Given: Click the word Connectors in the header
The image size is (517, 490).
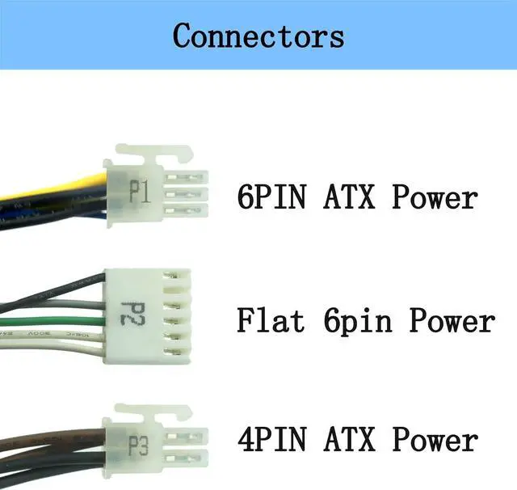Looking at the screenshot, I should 258,36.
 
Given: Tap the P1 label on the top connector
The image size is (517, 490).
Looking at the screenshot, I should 141,192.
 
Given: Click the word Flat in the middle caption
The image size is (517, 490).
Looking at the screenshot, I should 271,321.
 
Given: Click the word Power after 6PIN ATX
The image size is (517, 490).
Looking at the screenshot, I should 435,196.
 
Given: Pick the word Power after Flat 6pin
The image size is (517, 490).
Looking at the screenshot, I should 451,321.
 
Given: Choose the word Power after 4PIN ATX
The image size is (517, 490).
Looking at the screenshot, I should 435,441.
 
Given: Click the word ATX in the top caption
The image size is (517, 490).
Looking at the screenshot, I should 351,196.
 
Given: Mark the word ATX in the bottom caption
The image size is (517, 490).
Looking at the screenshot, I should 351,441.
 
